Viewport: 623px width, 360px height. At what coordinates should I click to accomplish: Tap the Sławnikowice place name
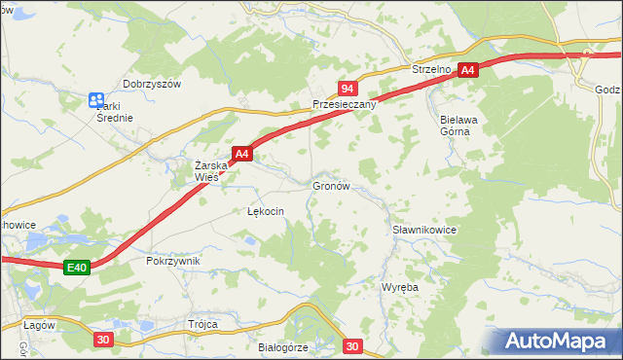(x=424, y=230)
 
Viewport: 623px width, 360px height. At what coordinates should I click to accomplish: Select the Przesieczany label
(x=343, y=104)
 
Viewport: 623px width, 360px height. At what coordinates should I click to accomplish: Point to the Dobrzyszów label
(x=152, y=84)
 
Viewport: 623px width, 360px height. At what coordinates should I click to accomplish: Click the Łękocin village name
(x=265, y=211)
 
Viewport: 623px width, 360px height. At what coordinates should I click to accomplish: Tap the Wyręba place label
(x=399, y=289)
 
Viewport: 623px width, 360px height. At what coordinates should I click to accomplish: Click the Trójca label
(x=203, y=324)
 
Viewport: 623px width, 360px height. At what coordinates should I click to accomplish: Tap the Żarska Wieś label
(x=211, y=171)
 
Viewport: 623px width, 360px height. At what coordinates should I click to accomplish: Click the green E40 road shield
(x=78, y=268)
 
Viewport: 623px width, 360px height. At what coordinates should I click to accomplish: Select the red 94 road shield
(x=346, y=88)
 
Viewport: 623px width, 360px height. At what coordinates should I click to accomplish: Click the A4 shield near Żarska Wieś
(x=242, y=153)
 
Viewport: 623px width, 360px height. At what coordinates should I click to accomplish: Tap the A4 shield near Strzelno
(x=468, y=70)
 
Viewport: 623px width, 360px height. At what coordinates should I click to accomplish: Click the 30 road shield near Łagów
(x=104, y=339)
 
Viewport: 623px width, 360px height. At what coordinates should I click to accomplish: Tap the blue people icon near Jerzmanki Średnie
(x=95, y=99)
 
